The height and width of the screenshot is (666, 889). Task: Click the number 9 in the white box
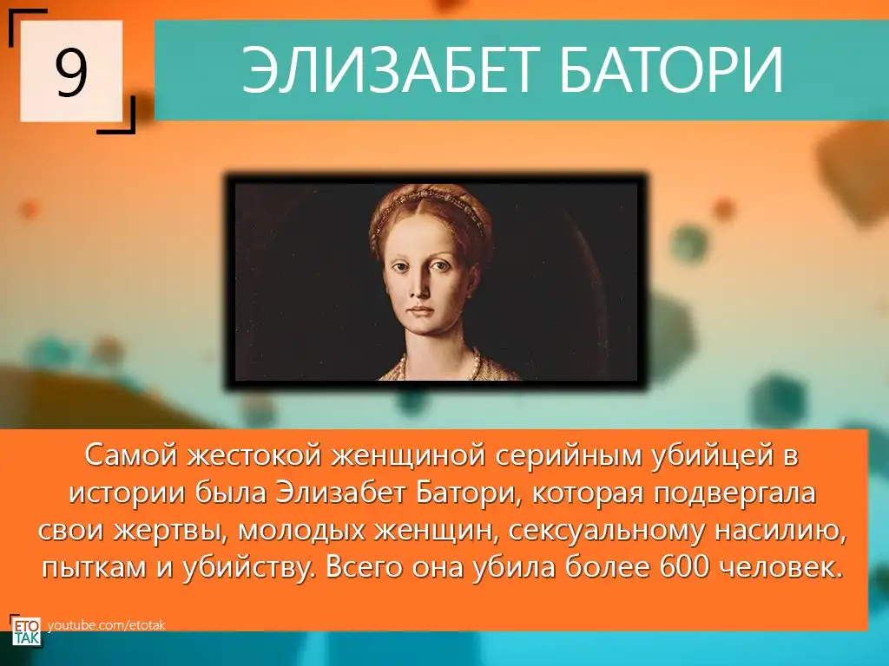point(71,72)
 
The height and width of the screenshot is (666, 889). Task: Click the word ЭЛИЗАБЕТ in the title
point(387,69)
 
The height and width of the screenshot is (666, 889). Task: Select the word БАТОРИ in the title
point(671,69)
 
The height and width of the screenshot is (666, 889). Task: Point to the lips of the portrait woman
point(421,311)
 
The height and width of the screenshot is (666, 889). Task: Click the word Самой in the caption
point(132,456)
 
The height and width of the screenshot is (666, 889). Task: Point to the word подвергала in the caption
point(734,493)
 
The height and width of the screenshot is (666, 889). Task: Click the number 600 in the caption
point(684,567)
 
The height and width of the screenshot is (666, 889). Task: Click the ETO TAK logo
point(25,630)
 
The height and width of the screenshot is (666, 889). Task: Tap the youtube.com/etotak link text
point(107,626)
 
